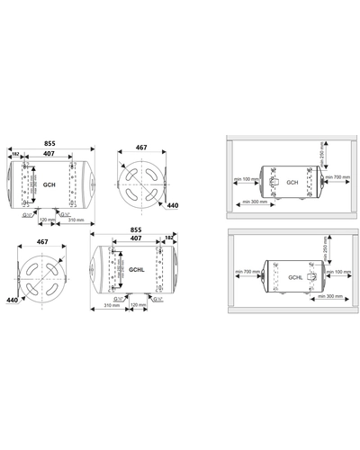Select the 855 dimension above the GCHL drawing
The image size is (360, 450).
[x=137, y=229]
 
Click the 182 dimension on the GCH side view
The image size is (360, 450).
[x=16, y=154]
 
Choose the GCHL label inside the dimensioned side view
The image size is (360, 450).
[x=138, y=269]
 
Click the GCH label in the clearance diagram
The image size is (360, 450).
[x=292, y=182]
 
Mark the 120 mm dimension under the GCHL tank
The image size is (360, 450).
[x=139, y=304]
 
